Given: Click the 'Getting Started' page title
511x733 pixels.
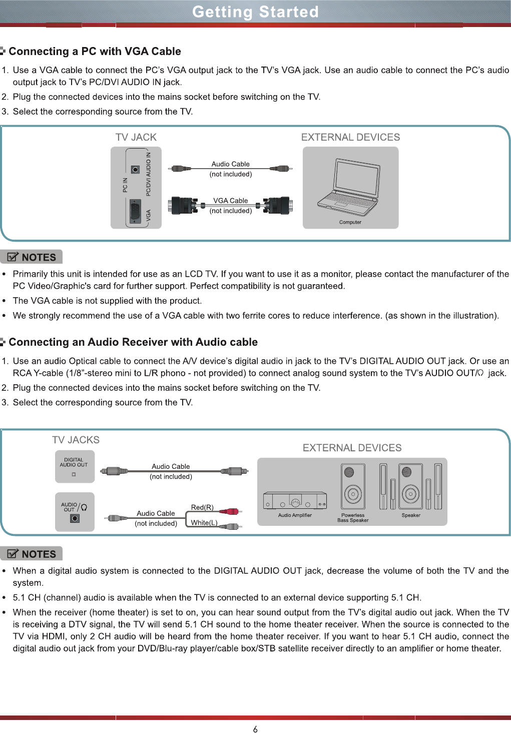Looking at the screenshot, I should click(x=255, y=12).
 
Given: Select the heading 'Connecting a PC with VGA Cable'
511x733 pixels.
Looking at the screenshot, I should click(x=95, y=52).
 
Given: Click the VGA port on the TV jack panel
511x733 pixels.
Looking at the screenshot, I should click(x=135, y=212).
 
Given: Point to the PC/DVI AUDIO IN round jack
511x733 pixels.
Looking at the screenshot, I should click(x=135, y=170).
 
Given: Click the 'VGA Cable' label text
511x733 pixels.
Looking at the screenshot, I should click(x=230, y=201).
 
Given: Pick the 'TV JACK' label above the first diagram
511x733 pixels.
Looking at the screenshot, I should click(x=136, y=137).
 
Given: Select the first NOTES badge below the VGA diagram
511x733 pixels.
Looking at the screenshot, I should click(x=32, y=257).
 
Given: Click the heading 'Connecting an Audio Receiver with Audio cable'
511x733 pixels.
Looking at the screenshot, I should click(x=133, y=342).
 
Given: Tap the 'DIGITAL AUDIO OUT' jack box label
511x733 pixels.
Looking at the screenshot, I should click(x=74, y=462).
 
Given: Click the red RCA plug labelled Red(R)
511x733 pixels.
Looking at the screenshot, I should click(x=231, y=511).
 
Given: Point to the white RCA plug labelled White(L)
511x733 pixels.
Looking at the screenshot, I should click(x=231, y=526).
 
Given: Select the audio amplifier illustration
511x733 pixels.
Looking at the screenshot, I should click(x=295, y=500).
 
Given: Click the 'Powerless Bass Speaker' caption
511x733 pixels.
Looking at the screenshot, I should click(x=353, y=518).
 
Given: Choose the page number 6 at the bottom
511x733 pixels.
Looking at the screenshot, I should click(x=255, y=729).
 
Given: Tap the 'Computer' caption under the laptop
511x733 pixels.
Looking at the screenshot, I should click(x=350, y=222).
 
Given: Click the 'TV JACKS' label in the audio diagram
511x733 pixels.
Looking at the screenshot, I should click(x=76, y=440).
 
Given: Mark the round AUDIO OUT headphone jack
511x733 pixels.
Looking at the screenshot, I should click(x=75, y=518).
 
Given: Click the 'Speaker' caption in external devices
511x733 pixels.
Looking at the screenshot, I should click(x=411, y=515).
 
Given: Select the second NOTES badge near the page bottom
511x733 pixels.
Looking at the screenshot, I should click(x=32, y=554).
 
